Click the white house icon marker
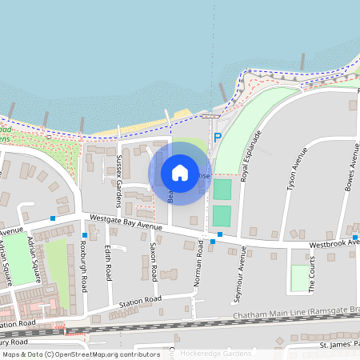pos(180,172)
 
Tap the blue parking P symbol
pos(217,138)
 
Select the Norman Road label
pos(200,263)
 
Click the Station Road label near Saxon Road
pos(140,300)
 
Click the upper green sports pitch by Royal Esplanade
pos(222,190)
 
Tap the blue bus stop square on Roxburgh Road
pos(84,234)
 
